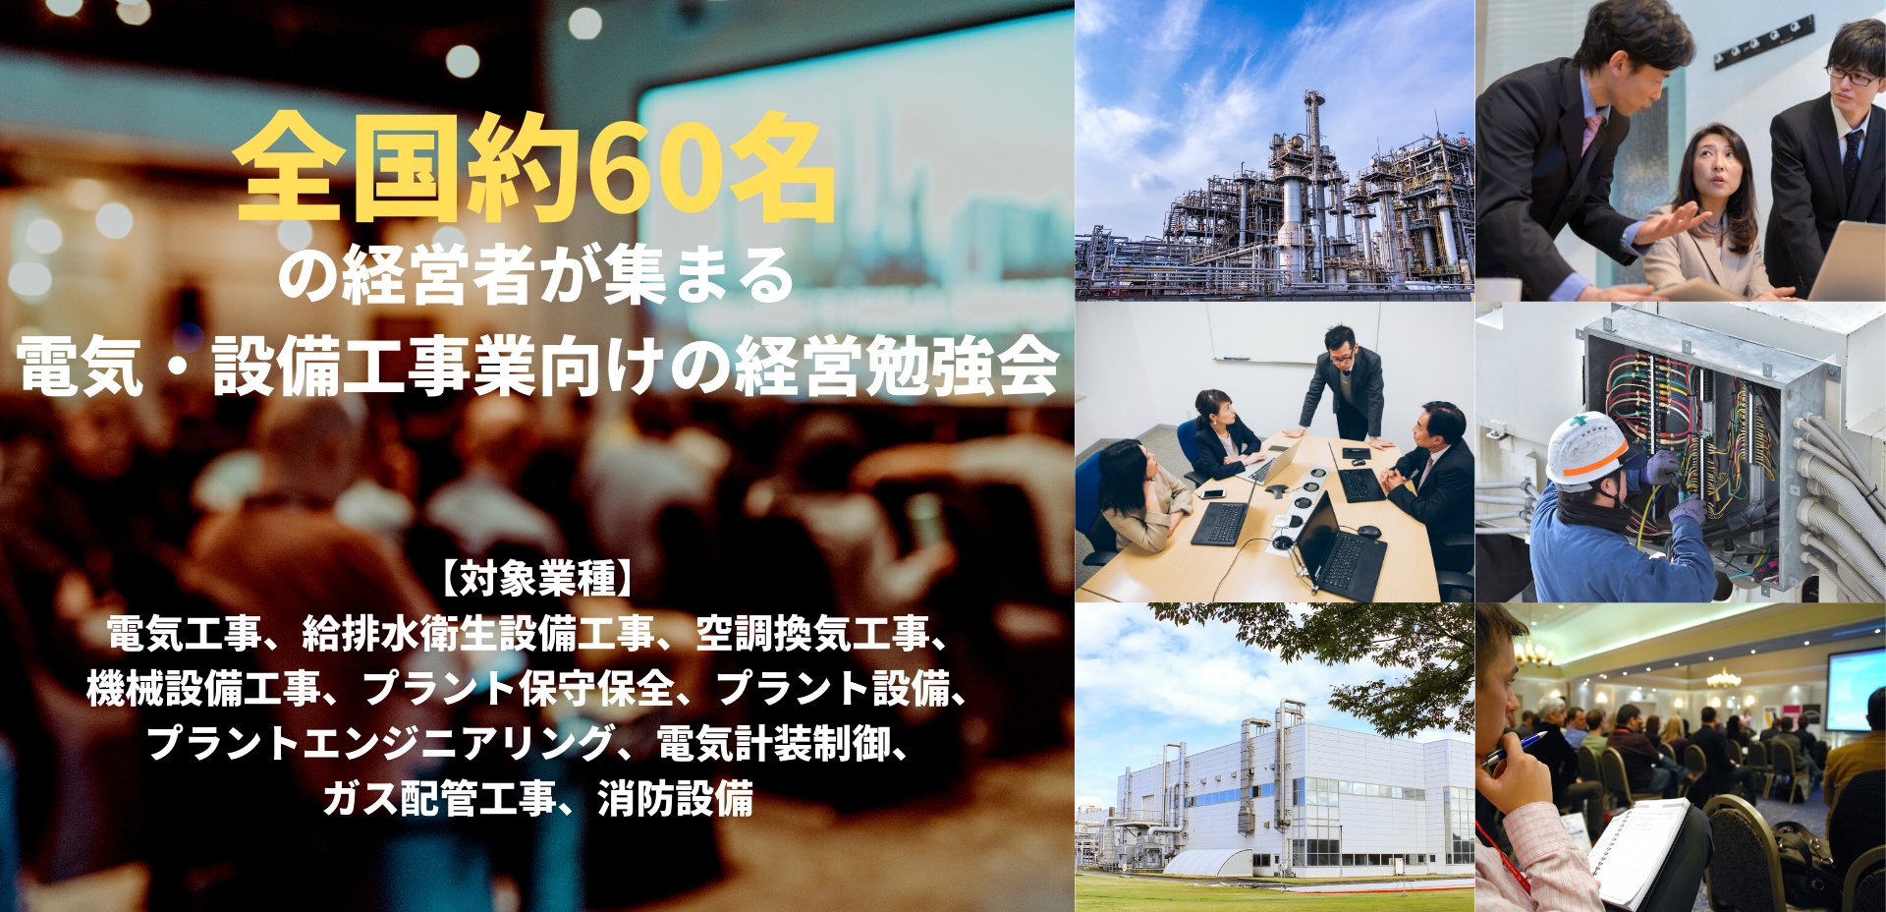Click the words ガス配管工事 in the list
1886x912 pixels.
click(x=439, y=798)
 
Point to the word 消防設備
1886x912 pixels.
click(x=675, y=798)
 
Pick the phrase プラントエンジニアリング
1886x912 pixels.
click(x=380, y=743)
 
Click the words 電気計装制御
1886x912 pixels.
click(x=773, y=743)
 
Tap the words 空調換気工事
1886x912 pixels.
click(x=812, y=633)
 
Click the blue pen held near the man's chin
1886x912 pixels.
click(x=1512, y=748)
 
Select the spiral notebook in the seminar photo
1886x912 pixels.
click(x=1637, y=853)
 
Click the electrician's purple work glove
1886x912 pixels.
click(x=1660, y=466)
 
